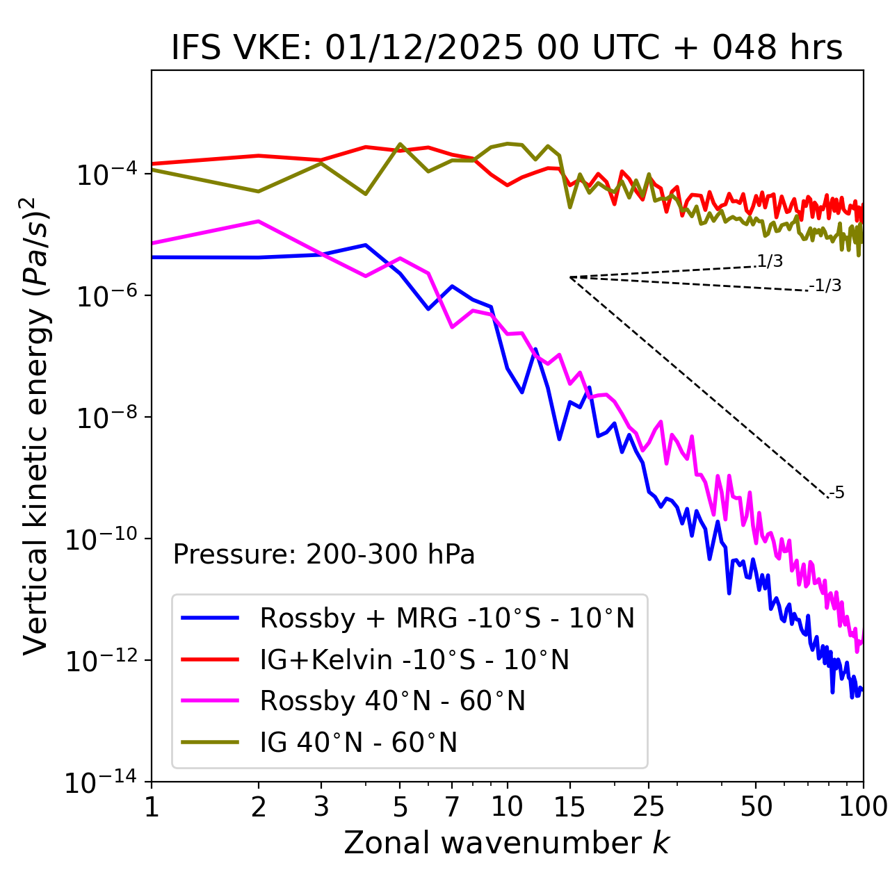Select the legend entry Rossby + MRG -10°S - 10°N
pyautogui.click(x=447, y=618)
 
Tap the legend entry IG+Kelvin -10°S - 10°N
pyautogui.click(x=414, y=659)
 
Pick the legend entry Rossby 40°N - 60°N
pyautogui.click(x=392, y=701)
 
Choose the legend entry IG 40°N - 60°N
pyautogui.click(x=358, y=743)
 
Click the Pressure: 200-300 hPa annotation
pyautogui.click(x=324, y=555)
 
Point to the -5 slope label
pyautogui.click(x=836, y=493)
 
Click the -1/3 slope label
pyautogui.click(x=825, y=286)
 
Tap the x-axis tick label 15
pyautogui.click(x=569, y=807)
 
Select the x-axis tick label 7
pyautogui.click(x=452, y=807)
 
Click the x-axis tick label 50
pyautogui.click(x=756, y=807)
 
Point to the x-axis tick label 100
pyautogui.click(x=863, y=807)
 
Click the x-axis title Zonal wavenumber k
pyautogui.click(x=507, y=843)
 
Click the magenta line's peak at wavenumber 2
pyautogui.click(x=259, y=221)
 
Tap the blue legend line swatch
pyautogui.click(x=210, y=618)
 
